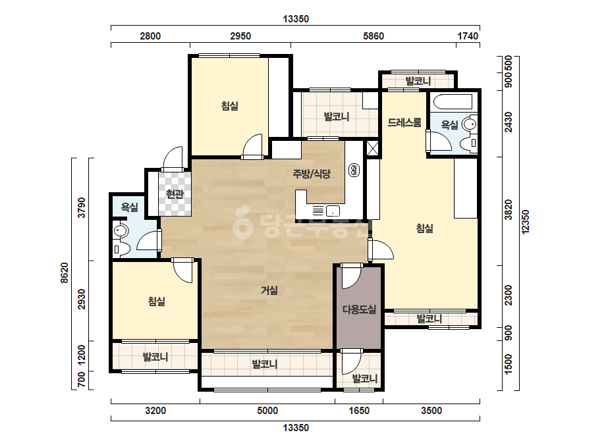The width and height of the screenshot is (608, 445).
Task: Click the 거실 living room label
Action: (x=269, y=290)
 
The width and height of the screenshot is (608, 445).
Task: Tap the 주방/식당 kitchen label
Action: (x=312, y=174)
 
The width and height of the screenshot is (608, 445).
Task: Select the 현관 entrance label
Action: (x=175, y=194)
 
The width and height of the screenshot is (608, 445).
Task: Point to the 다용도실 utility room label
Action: (x=359, y=309)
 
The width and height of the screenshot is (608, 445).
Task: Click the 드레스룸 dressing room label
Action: (x=404, y=122)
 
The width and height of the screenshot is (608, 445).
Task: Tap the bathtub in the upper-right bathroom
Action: (x=453, y=102)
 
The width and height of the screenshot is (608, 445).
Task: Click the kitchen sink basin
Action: (x=333, y=211)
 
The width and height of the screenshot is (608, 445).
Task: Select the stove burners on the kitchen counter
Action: (x=354, y=170)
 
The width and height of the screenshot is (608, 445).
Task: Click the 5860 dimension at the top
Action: (x=373, y=36)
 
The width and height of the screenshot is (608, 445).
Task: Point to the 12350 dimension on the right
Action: (x=526, y=222)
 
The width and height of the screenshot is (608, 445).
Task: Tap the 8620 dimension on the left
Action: (x=65, y=273)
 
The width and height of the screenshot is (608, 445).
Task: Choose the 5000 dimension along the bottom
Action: (x=267, y=411)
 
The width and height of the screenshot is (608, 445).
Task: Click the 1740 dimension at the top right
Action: (x=468, y=36)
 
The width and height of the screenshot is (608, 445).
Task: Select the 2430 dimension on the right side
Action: (x=508, y=122)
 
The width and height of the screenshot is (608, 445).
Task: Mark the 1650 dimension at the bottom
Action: (x=359, y=411)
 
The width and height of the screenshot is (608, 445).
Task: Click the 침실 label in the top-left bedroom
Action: (x=229, y=105)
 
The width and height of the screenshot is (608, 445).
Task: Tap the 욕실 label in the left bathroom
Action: (x=130, y=207)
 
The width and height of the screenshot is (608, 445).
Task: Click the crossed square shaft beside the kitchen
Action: (x=372, y=149)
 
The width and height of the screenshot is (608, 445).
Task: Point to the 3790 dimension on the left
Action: (x=82, y=208)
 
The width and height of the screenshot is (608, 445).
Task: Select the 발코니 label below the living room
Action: (x=264, y=365)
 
